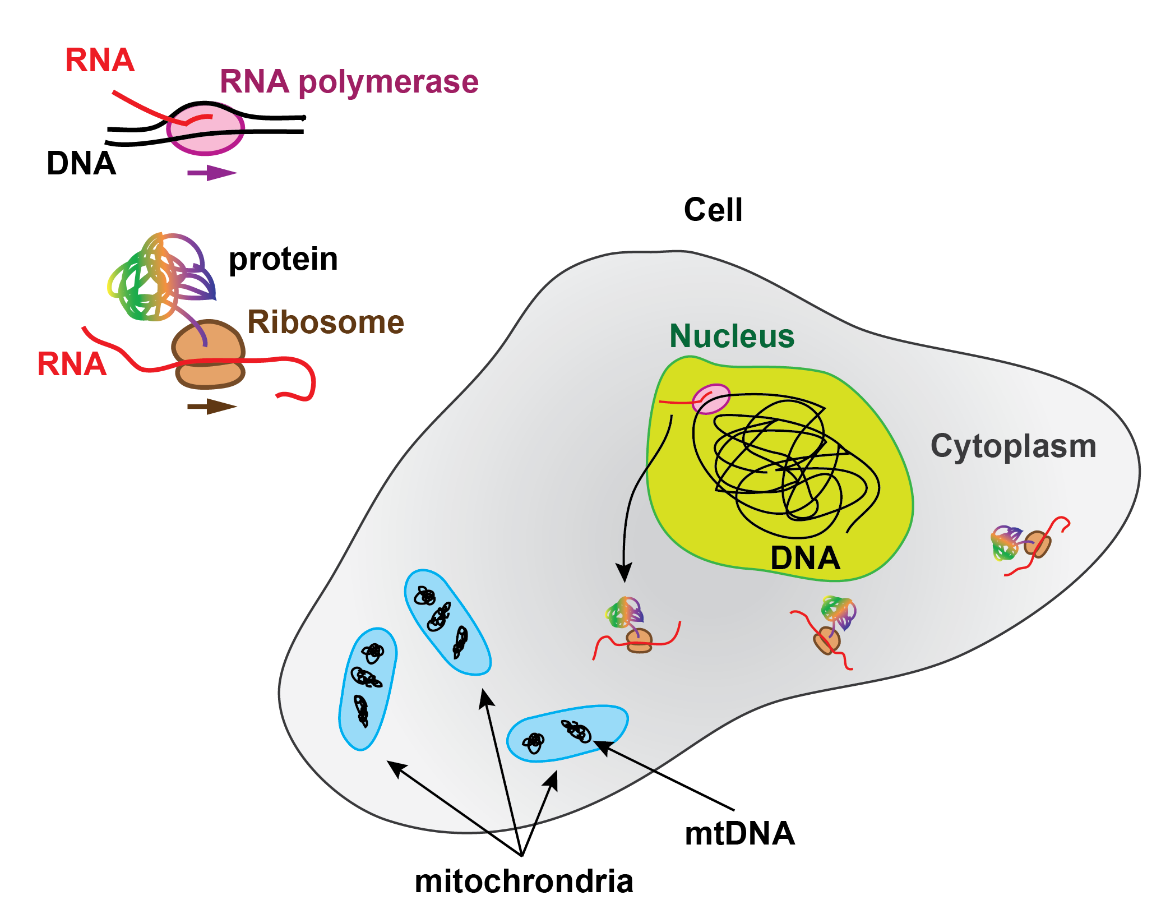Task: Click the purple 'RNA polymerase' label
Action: click(x=349, y=82)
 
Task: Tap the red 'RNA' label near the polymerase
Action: click(x=100, y=60)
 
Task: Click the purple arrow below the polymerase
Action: click(x=212, y=172)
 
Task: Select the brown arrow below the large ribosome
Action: click(x=212, y=407)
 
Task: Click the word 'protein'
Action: click(x=283, y=259)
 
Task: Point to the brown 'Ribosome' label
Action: click(x=326, y=322)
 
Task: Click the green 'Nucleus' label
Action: click(x=732, y=336)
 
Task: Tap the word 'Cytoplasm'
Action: click(x=1013, y=446)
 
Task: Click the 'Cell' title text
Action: click(x=713, y=210)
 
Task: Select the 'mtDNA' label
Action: click(x=739, y=833)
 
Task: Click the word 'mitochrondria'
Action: click(x=524, y=881)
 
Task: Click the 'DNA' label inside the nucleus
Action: click(x=805, y=558)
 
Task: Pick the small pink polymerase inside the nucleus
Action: click(x=711, y=399)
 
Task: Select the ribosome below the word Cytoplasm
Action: click(x=1037, y=544)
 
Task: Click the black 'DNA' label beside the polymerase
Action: click(x=81, y=164)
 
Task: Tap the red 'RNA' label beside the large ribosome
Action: click(x=72, y=364)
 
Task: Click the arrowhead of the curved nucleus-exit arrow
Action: click(x=624, y=573)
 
